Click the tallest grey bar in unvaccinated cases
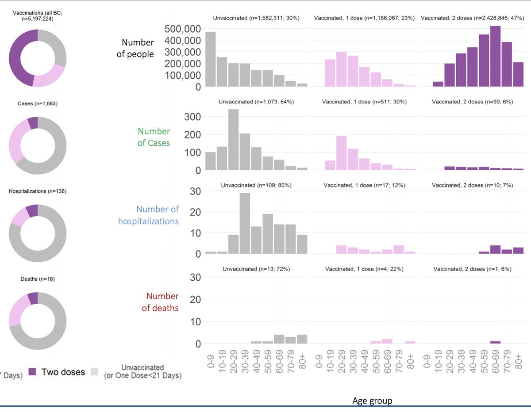(x=233, y=139)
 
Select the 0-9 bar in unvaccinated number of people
(x=210, y=59)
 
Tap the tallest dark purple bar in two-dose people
(x=495, y=56)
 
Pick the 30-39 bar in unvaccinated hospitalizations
(x=245, y=223)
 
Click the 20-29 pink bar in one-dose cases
(x=341, y=153)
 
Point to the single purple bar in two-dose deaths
(x=495, y=343)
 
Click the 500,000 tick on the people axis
(x=183, y=29)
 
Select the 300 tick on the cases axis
(x=192, y=117)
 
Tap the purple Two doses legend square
(x=32, y=372)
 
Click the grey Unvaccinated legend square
(x=94, y=372)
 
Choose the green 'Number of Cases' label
(x=154, y=137)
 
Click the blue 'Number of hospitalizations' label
(x=148, y=215)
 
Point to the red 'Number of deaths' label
(x=160, y=302)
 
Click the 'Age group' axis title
(x=372, y=401)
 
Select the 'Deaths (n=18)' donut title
(x=38, y=279)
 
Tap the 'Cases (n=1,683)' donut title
(x=38, y=103)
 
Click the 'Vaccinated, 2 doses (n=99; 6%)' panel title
(x=472, y=102)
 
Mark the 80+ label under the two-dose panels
(x=519, y=362)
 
